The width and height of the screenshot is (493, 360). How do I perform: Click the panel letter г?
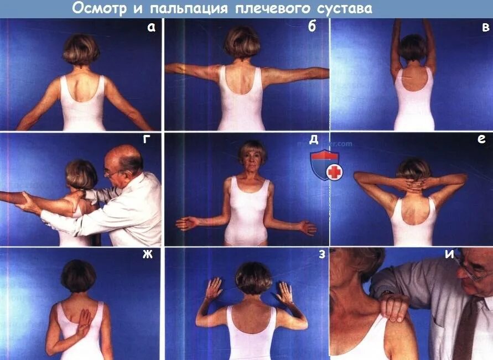147,139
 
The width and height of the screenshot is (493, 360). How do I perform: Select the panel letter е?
481,140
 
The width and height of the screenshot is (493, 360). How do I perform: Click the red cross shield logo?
326,166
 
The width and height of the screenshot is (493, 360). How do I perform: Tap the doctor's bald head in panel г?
126,156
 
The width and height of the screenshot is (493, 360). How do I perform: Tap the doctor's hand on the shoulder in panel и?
395,306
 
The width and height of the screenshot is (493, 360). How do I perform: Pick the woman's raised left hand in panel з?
213,289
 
